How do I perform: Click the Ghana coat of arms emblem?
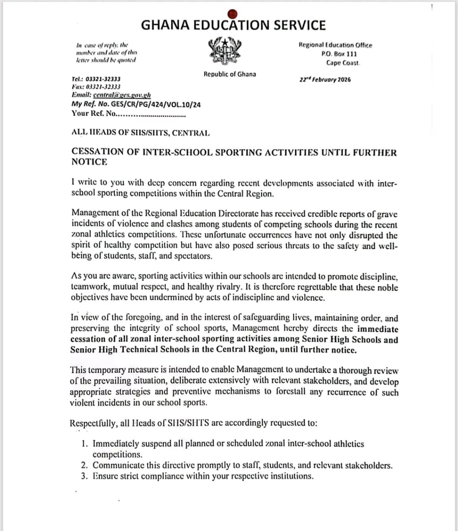click(x=225, y=51)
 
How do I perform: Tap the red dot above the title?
click(x=232, y=13)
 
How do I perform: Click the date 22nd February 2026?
click(x=325, y=80)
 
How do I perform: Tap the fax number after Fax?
click(x=103, y=87)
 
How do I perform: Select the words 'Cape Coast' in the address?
click(x=343, y=63)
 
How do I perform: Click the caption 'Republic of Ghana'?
click(x=230, y=74)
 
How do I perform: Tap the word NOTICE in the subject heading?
click(x=89, y=162)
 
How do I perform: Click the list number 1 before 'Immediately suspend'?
click(x=84, y=444)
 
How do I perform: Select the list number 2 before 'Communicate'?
click(x=84, y=465)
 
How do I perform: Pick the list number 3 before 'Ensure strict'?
click(x=84, y=476)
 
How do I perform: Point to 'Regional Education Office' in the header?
click(x=335, y=45)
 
